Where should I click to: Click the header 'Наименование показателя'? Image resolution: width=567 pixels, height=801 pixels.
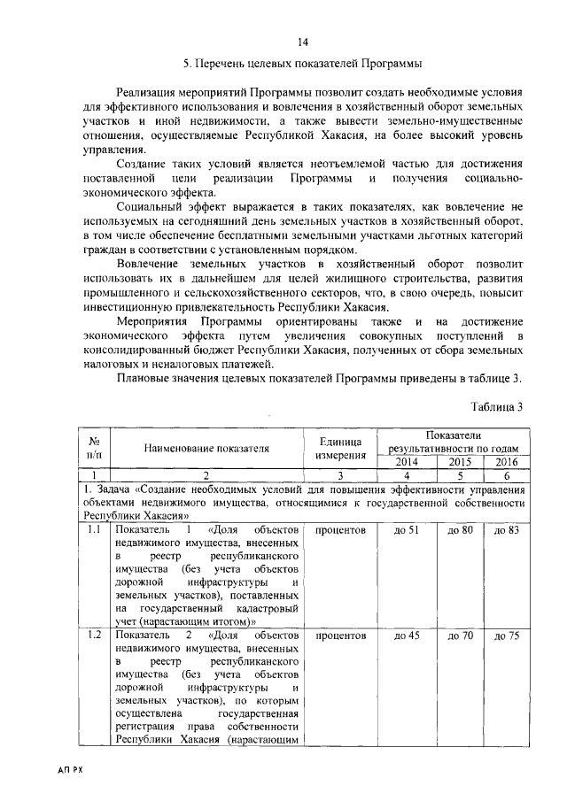(x=206, y=448)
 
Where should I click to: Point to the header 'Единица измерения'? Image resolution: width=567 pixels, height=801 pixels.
(x=341, y=448)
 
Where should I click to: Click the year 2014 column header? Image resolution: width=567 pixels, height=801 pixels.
(x=406, y=462)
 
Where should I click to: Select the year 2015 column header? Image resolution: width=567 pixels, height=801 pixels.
(x=459, y=462)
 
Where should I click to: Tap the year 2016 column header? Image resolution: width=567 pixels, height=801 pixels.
(x=507, y=462)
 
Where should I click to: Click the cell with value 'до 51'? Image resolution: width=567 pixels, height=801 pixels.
(x=406, y=530)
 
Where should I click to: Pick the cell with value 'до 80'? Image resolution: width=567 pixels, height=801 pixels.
(x=459, y=530)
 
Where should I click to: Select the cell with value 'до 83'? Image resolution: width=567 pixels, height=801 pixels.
(x=507, y=530)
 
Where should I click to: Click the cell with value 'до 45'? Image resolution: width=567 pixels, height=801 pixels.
(x=406, y=635)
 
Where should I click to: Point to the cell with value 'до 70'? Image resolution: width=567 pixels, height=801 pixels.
(x=459, y=635)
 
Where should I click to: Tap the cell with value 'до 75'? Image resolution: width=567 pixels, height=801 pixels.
(x=507, y=635)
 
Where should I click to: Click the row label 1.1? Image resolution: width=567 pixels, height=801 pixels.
(x=93, y=530)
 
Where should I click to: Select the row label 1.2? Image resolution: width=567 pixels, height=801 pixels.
(x=93, y=635)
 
